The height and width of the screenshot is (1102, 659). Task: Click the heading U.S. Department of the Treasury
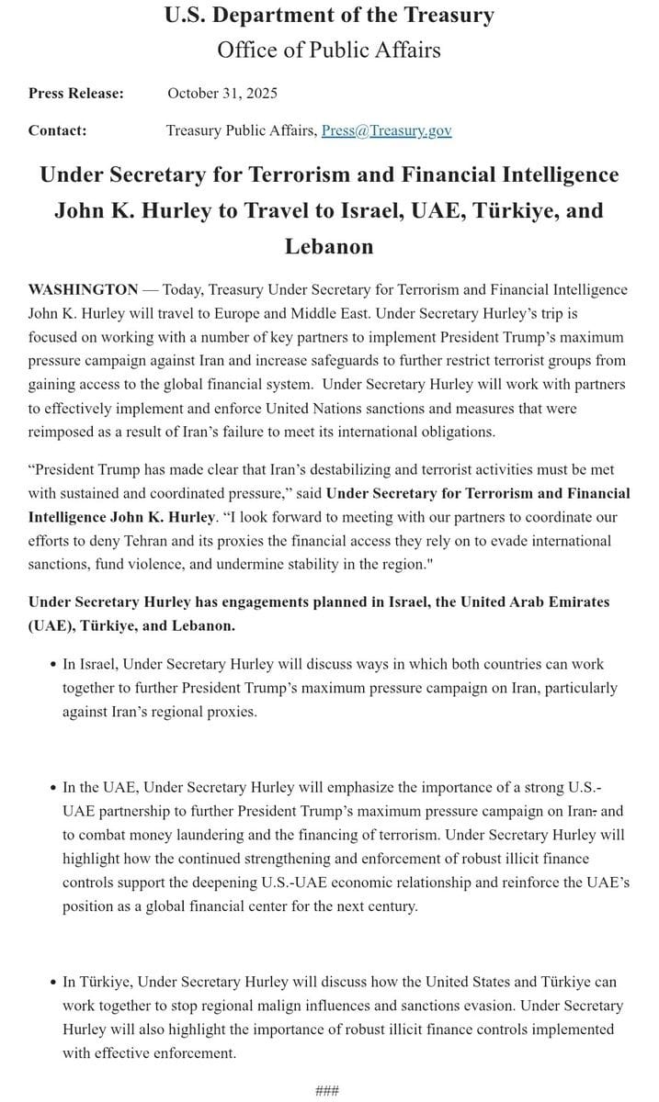328,16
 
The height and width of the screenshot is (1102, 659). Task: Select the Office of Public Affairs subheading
328,50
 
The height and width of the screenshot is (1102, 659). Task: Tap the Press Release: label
76,93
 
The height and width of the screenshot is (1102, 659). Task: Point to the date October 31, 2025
222,93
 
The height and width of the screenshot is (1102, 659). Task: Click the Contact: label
58,130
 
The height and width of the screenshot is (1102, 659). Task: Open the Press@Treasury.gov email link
386,130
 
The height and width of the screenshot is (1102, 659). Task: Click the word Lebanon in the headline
328,246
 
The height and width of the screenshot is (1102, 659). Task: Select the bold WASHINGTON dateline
84,289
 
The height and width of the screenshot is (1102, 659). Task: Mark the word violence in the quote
152,565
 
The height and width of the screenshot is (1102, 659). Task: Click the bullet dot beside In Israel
53,664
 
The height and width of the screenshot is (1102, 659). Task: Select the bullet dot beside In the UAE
53,787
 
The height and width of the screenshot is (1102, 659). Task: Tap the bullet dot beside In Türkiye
53,983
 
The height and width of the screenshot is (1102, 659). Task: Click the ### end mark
327,1090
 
